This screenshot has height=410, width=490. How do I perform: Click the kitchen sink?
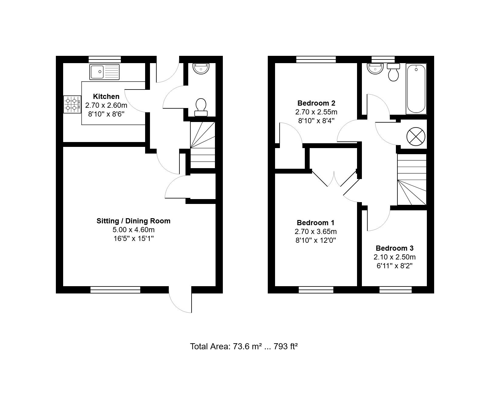click(104, 72)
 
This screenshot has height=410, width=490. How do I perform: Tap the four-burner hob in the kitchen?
click(72, 104)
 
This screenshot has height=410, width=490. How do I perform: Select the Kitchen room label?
click(106, 97)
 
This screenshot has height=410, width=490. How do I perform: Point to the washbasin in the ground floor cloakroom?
click(201, 68)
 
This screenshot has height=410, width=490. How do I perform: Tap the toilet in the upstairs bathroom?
click(393, 72)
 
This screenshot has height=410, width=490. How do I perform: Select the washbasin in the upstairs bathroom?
click(375, 68)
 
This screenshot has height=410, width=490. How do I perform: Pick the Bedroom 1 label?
click(315, 222)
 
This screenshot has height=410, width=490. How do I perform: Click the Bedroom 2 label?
click(316, 103)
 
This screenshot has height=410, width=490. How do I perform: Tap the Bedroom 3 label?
click(394, 248)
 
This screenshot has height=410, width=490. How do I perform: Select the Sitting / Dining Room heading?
click(134, 221)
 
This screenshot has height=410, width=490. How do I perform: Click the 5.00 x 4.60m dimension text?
click(134, 230)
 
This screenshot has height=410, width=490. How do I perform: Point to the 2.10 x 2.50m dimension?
click(394, 257)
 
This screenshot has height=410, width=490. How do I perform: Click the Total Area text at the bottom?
click(243, 346)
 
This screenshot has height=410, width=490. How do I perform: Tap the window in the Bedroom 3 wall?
click(396, 290)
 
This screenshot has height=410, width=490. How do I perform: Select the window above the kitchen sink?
click(105, 59)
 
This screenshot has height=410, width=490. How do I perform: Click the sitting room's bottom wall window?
click(115, 290)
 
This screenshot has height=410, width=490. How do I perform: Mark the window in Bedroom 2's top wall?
click(316, 59)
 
